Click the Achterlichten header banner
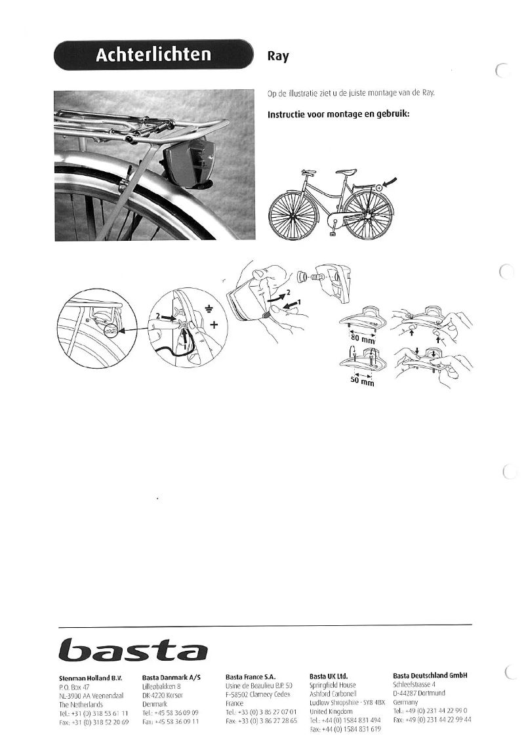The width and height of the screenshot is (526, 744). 154,54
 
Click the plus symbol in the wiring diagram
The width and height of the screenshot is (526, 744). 214,324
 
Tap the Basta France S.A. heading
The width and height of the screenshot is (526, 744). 251,675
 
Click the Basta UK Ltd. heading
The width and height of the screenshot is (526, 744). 329,675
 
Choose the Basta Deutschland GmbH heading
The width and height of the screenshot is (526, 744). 433,675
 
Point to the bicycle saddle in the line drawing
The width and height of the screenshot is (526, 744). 309,172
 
